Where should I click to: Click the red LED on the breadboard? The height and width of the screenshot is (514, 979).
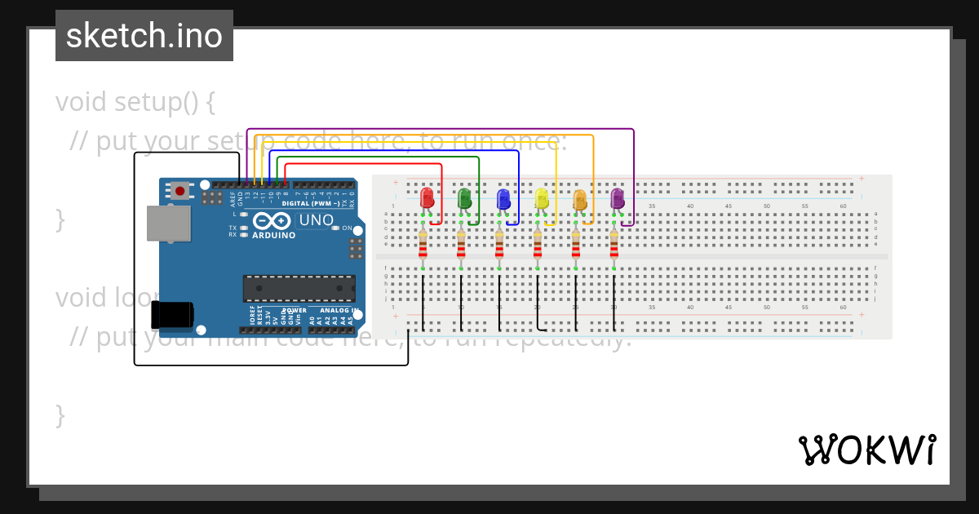pos(426,198)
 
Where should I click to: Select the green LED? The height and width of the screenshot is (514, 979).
pos(464,198)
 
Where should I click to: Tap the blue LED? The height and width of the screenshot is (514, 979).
pos(503,198)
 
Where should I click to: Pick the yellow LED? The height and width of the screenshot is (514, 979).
pos(541,198)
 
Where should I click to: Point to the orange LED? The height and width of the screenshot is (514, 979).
pos(579,198)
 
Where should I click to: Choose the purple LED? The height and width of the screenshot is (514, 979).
pos(618,198)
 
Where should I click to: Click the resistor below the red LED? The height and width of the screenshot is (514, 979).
pos(423,244)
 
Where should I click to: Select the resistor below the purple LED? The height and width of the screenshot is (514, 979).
pos(614,244)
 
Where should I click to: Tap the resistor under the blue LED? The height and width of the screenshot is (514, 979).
pos(499,244)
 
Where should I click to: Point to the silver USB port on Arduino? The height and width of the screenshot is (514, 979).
pos(168,223)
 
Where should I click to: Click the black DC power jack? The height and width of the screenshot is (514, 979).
pos(172,316)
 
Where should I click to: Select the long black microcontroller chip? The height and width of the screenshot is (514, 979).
pos(299,288)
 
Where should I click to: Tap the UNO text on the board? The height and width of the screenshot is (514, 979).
pos(316,220)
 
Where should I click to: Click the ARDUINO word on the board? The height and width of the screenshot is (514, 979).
pos(273,236)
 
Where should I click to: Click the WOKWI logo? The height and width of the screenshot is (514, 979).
pos(866,450)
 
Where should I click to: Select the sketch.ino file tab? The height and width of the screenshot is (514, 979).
pos(144,36)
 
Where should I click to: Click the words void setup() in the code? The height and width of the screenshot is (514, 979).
pos(135,102)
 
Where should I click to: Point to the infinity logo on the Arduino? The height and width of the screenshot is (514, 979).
pos(272,221)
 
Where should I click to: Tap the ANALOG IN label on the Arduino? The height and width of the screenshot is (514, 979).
pos(336,311)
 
